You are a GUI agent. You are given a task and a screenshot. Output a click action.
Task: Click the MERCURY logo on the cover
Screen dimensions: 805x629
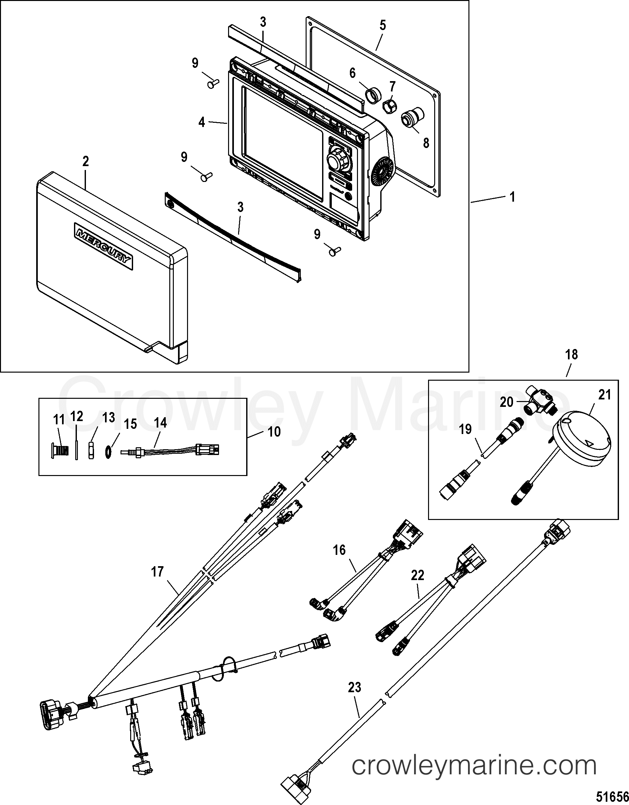coord(103,246)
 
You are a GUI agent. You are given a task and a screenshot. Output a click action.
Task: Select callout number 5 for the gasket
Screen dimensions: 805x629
coord(383,26)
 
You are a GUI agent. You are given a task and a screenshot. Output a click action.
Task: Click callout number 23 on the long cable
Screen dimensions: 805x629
coord(354,687)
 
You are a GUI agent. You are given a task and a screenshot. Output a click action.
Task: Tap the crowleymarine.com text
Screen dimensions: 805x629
coord(474,766)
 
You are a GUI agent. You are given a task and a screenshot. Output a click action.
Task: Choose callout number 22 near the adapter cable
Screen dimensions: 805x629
coord(417,575)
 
